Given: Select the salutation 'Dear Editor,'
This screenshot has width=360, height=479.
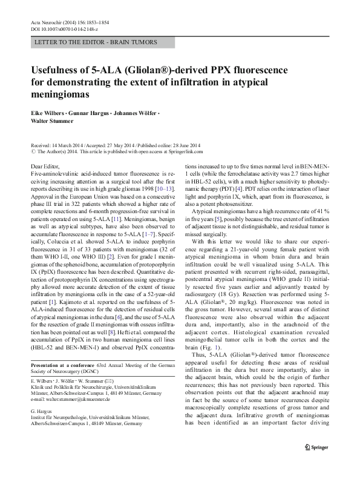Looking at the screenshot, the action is [44, 166].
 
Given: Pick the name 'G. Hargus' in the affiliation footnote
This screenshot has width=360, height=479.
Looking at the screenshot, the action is [42, 411].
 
